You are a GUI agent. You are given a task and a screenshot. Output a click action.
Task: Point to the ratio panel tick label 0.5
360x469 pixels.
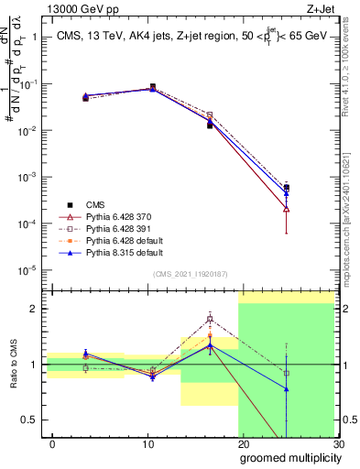point(33,420)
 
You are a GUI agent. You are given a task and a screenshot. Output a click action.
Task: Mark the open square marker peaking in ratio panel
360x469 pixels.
point(210,319)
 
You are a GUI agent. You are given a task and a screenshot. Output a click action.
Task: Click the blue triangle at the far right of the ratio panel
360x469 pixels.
point(287,388)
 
